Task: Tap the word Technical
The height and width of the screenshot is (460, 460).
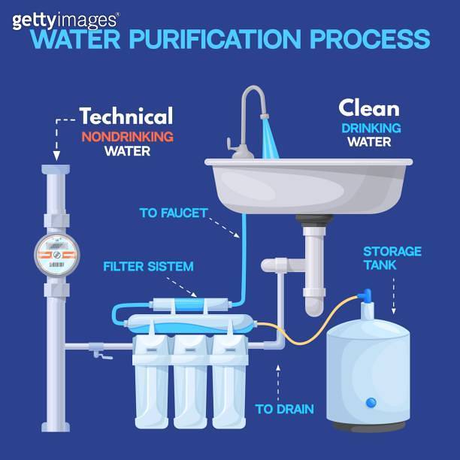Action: click(x=126, y=117)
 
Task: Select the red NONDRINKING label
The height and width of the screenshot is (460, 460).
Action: click(x=127, y=137)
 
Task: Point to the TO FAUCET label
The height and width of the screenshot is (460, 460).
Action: click(x=173, y=213)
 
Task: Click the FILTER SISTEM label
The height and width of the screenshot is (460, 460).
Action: click(x=148, y=267)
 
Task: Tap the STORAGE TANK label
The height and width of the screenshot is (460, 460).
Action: click(x=392, y=258)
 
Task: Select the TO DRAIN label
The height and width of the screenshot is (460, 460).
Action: click(x=284, y=410)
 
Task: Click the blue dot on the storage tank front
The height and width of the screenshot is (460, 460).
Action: click(x=371, y=404)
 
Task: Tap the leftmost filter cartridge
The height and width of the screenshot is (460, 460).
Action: click(x=153, y=383)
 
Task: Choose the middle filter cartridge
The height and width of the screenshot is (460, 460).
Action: click(x=191, y=383)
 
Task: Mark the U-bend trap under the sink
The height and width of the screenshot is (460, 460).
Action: click(x=314, y=297)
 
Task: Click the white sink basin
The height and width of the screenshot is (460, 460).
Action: click(x=310, y=184)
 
